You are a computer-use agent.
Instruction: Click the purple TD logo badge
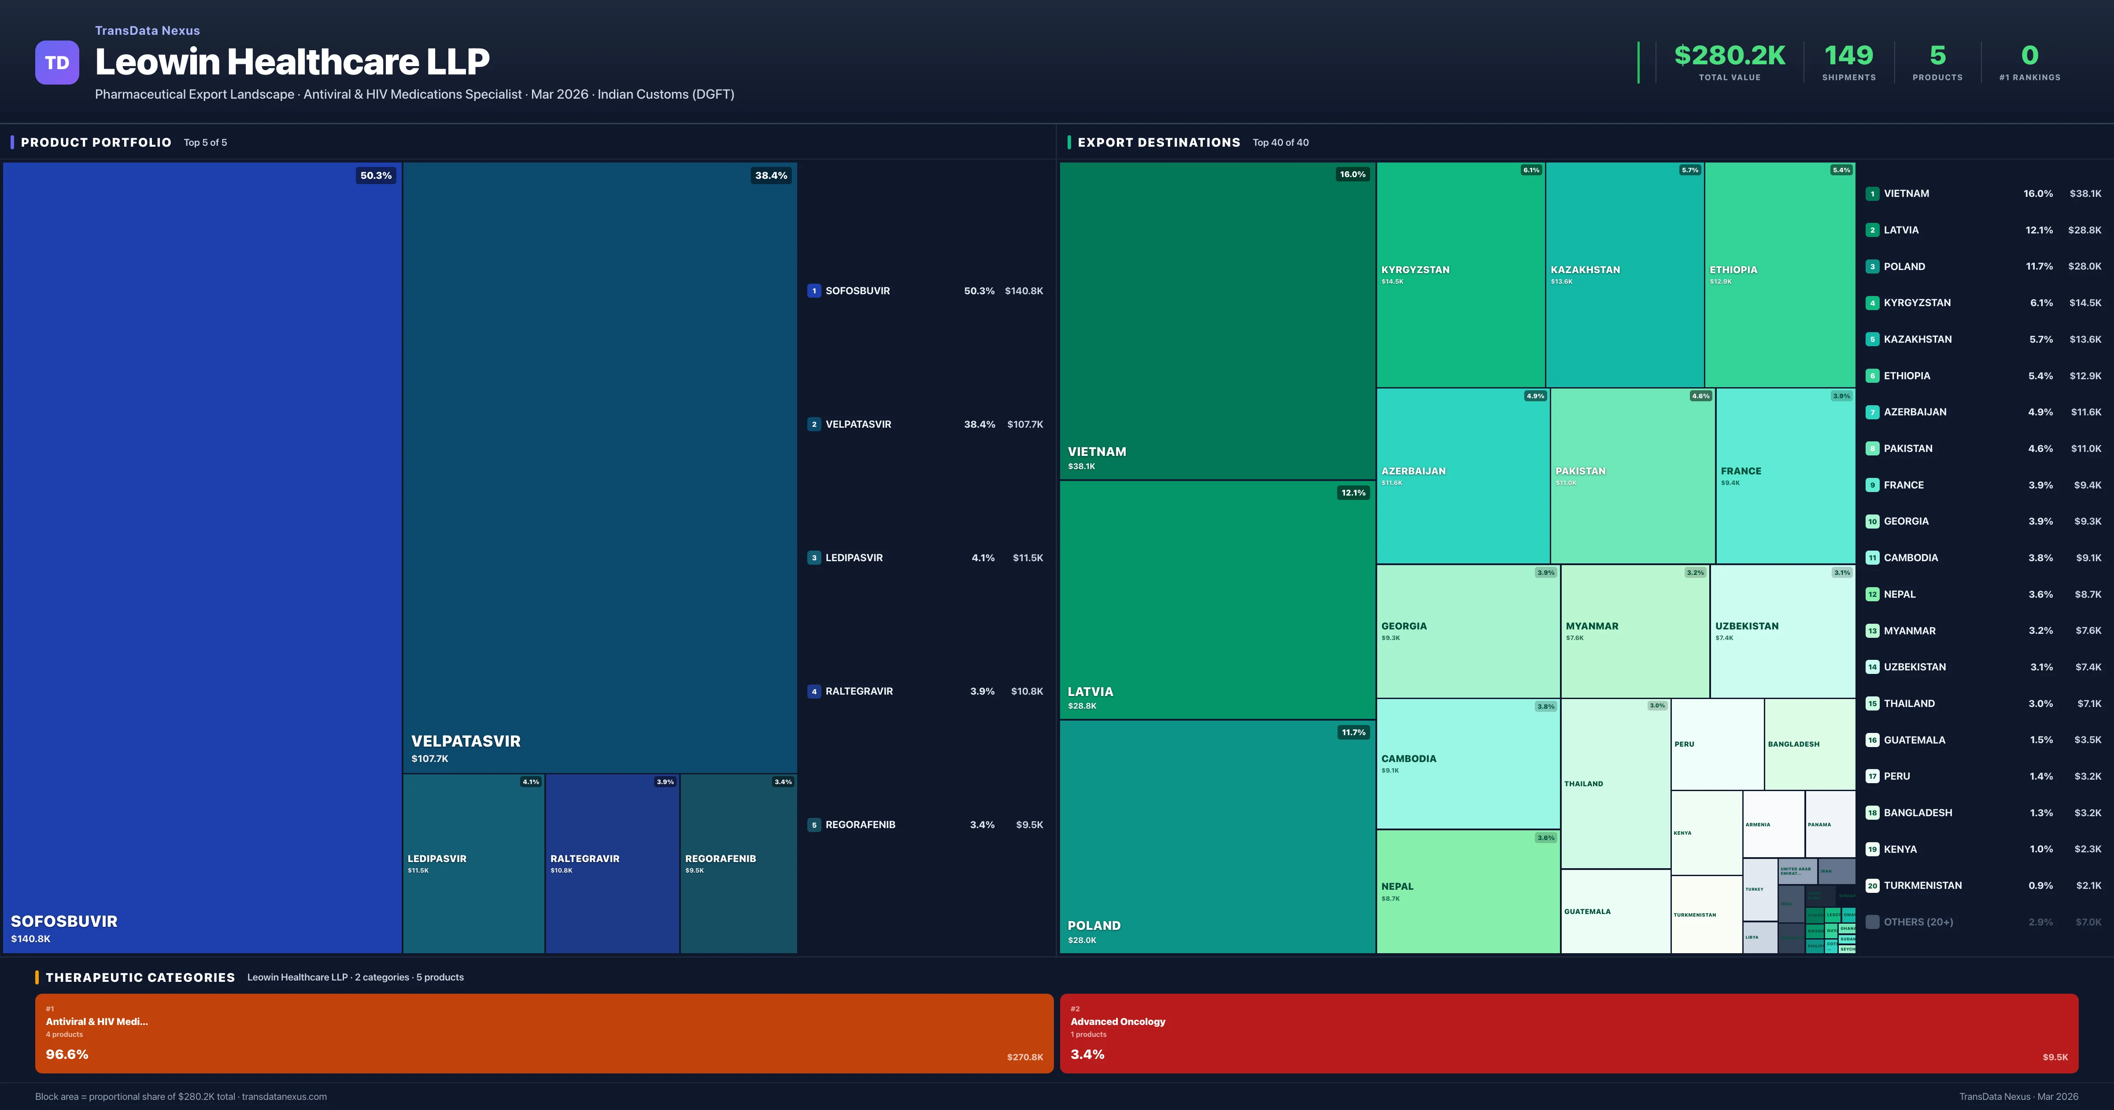[57, 63]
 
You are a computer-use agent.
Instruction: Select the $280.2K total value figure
[1729, 56]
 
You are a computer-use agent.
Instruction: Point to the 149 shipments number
[1848, 56]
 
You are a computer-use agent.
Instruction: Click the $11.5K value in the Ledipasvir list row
[1027, 558]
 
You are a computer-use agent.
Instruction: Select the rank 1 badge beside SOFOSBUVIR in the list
[813, 291]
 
